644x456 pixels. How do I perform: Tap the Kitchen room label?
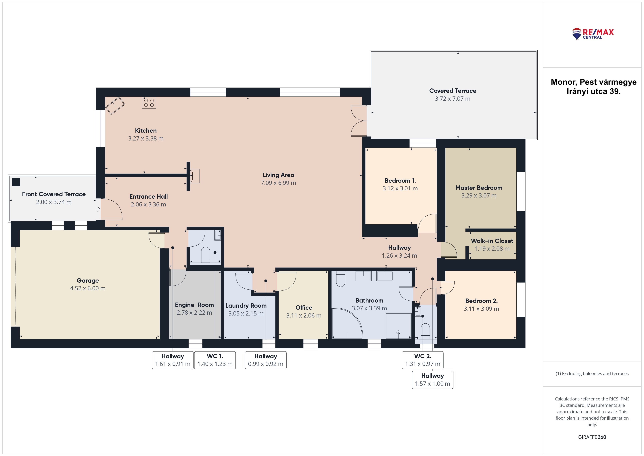tap(146, 131)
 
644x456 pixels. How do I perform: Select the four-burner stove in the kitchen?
tap(149, 103)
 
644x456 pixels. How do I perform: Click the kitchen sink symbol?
tap(115, 106)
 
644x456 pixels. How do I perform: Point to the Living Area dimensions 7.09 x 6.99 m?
tap(279, 183)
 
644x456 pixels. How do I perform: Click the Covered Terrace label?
tap(453, 91)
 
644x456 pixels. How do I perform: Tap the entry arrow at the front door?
tap(98, 209)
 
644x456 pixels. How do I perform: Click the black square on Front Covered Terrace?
tap(16, 182)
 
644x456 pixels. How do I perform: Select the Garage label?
tap(88, 280)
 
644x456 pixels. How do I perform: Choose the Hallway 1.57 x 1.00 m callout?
tap(432, 380)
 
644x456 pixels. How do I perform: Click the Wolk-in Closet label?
tap(492, 241)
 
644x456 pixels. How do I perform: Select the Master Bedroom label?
tap(479, 188)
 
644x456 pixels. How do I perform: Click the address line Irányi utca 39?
tap(593, 92)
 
